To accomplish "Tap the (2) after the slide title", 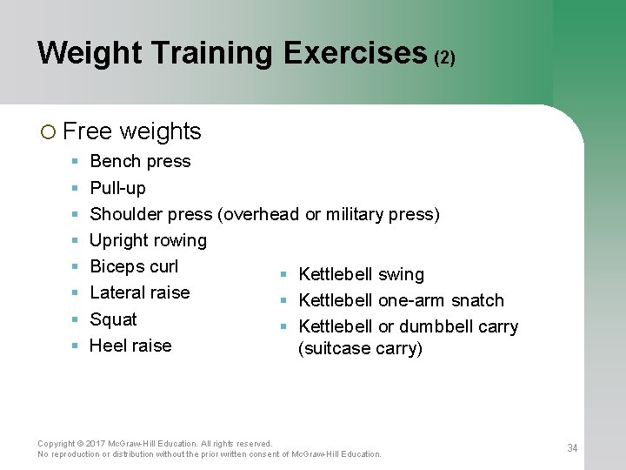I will pos(444,58).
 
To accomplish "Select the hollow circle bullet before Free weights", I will pos(48,132).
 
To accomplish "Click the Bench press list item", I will pos(140,161).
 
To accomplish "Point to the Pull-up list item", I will pos(117,188).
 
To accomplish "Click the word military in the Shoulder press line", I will pos(355,214).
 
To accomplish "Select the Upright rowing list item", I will pos(148,240).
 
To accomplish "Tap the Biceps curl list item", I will pos(134,266).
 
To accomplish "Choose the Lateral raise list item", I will pos(139,292).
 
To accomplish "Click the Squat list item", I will pos(113,319).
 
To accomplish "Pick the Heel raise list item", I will pos(130,346).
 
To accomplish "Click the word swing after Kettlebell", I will pos(401,275).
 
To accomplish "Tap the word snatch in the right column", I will pos(476,300).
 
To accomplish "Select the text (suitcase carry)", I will pos(360,349).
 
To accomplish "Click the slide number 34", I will pos(572,448).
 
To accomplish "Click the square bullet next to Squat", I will pos(75,319).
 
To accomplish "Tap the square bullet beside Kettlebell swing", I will pos(283,275).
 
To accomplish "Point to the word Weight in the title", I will pos(88,53).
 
